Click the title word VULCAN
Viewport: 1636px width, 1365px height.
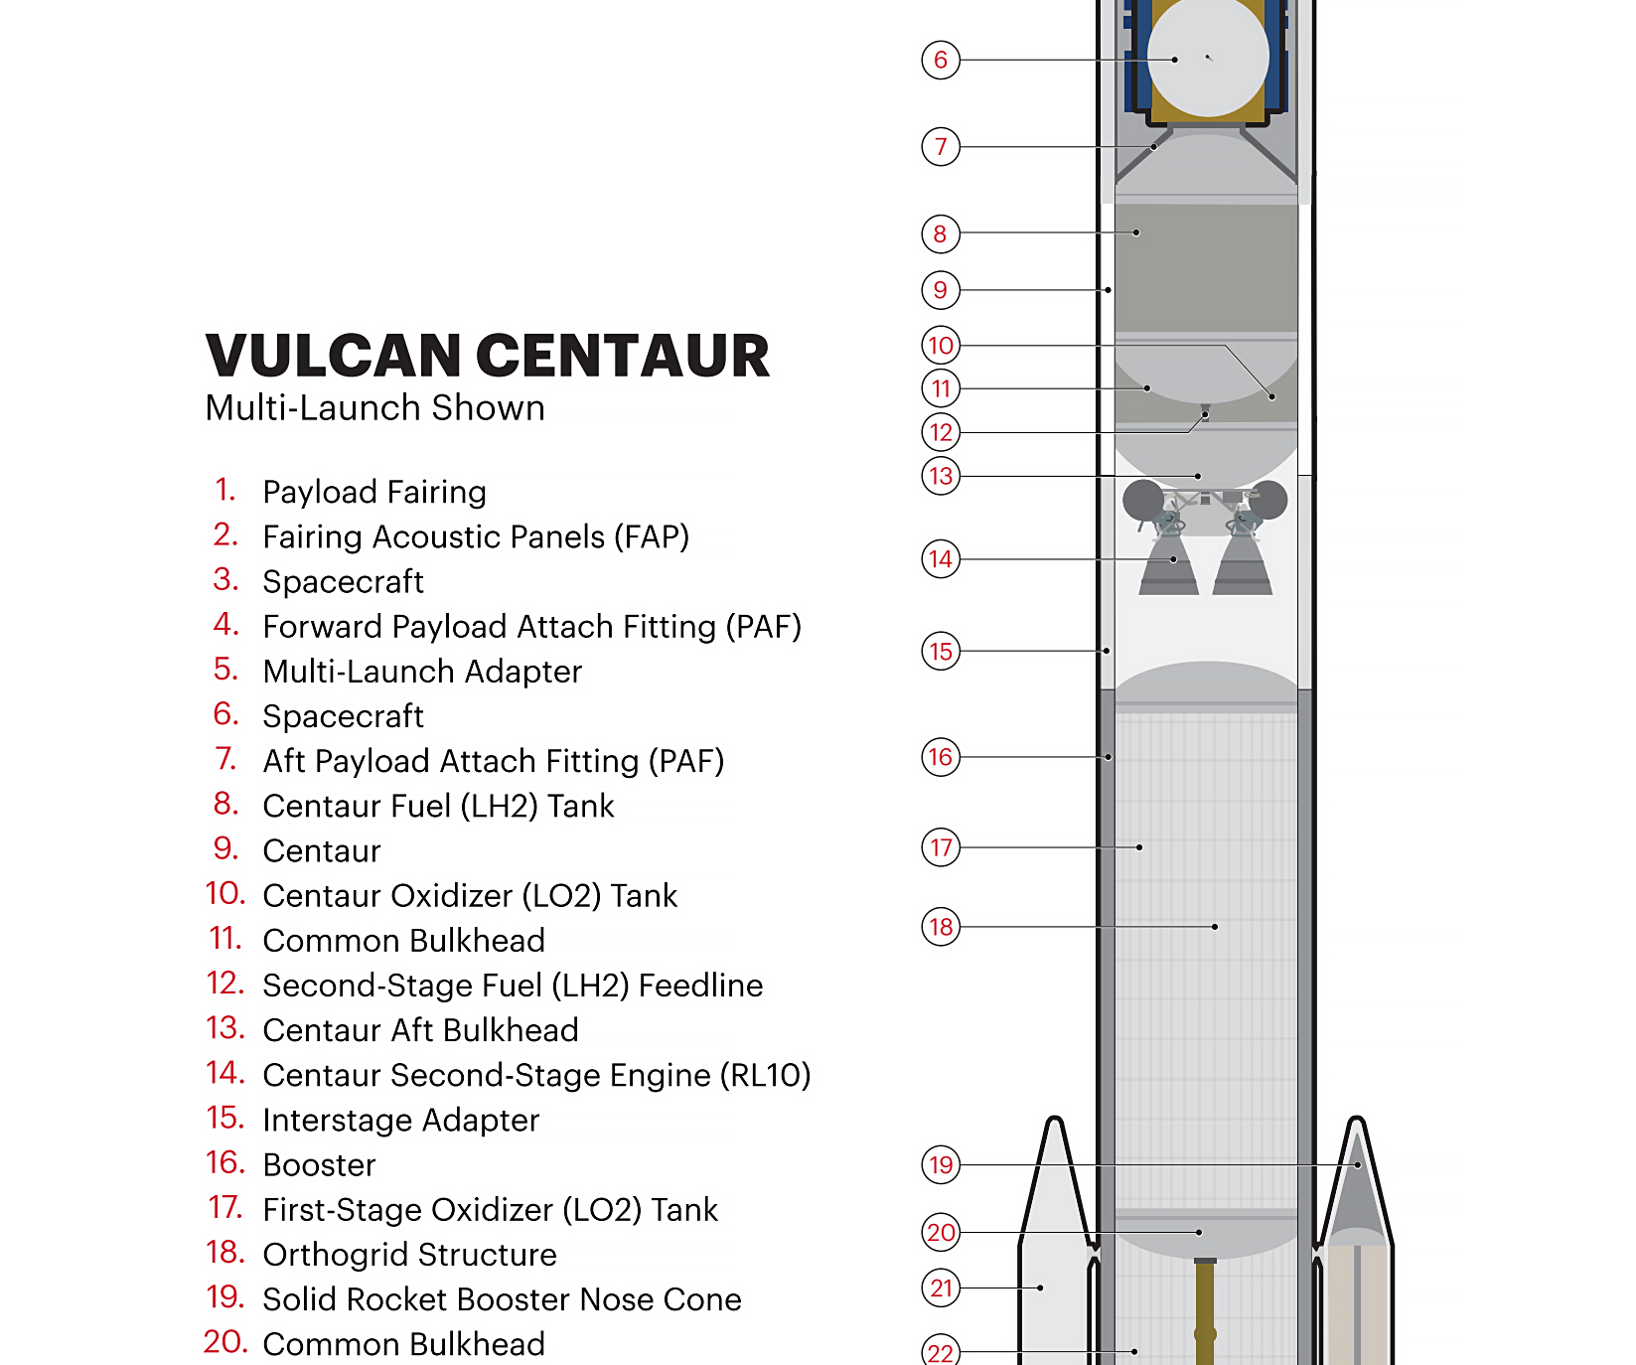pos(335,356)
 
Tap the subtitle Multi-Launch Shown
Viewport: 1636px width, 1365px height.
pos(375,408)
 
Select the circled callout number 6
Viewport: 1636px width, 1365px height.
pos(941,60)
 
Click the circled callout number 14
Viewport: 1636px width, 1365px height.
pos(941,559)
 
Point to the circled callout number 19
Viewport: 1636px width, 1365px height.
pos(941,1164)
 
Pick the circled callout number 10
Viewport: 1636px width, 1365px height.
pos(941,346)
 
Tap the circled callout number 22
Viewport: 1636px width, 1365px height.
pos(941,1351)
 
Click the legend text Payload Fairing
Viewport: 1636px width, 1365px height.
pos(374,493)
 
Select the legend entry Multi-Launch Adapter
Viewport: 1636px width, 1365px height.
pos(422,672)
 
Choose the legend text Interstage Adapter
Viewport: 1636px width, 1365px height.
pos(401,1121)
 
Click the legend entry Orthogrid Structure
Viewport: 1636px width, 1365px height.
pos(409,1255)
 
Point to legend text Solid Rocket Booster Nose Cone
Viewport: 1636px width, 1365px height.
pos(503,1299)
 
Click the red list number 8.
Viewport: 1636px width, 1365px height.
pos(226,804)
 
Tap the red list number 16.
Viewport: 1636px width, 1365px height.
pos(225,1162)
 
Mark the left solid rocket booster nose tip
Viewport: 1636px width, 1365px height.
pos(1055,1120)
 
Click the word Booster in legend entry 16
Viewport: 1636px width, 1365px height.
pos(320,1165)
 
